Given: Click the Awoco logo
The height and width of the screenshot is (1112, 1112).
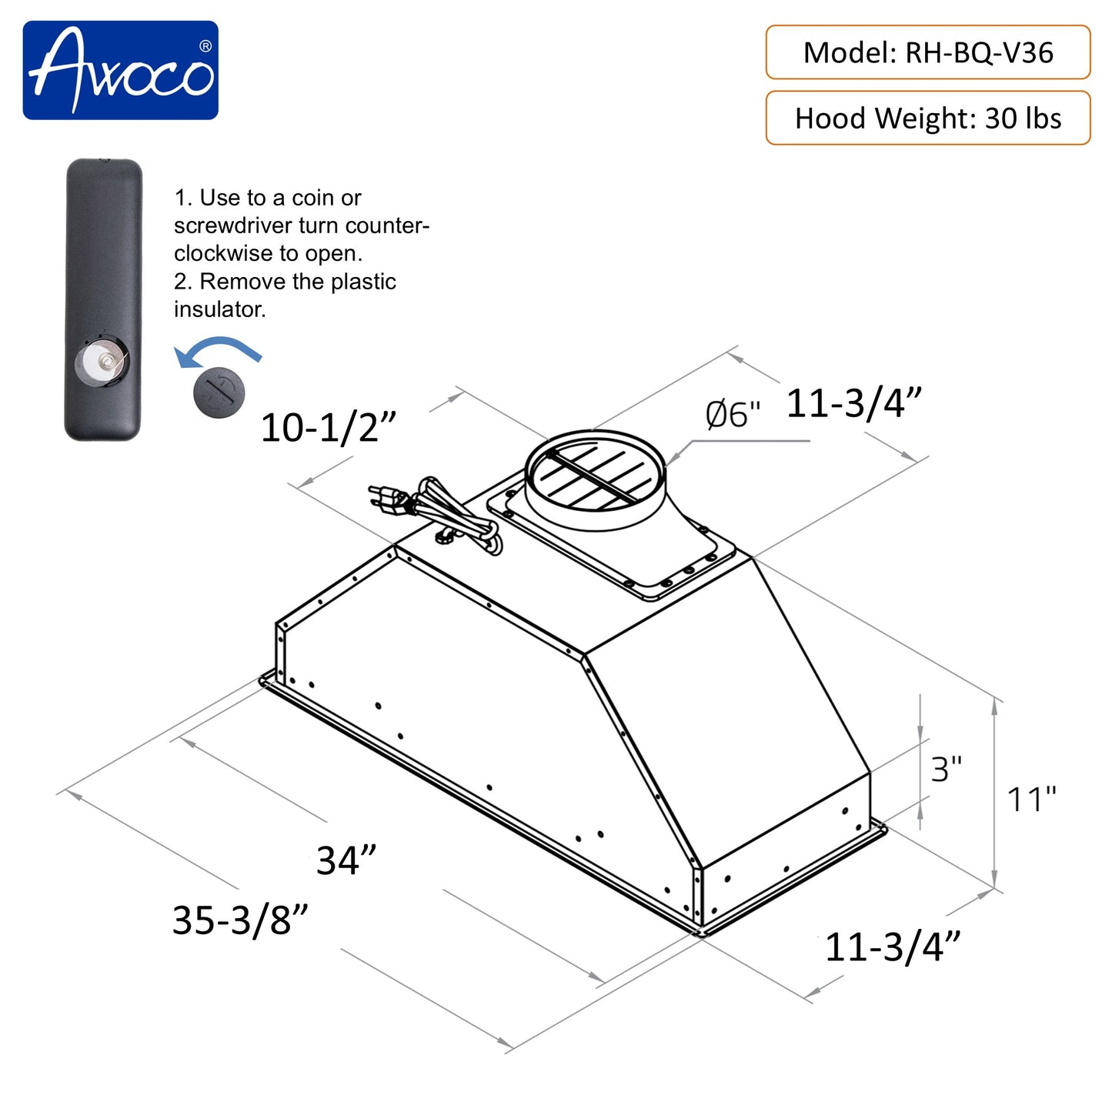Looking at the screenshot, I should point(120,70).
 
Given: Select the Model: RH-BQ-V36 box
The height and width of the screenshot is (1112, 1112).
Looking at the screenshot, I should point(927,52).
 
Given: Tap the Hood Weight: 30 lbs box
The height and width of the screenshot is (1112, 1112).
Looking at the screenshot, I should point(927,118).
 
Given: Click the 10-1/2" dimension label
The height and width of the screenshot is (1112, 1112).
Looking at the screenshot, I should point(329,428).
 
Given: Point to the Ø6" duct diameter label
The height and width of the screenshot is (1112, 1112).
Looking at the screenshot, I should point(732,415).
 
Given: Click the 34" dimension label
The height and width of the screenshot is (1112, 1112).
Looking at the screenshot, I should point(346,860).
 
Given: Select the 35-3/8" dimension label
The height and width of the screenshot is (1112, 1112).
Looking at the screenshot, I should point(240,920).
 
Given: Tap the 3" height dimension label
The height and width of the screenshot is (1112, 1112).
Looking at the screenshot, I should point(946,770).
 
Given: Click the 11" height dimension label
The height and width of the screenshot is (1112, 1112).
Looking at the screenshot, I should point(1032,800).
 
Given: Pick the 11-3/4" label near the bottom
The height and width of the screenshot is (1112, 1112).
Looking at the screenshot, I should point(893,947).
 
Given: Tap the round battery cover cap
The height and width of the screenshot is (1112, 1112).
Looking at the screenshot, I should point(220,392).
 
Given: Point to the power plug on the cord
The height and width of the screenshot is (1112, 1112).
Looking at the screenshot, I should point(389,499).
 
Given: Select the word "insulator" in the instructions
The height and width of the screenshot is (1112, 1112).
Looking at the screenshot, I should point(219,309).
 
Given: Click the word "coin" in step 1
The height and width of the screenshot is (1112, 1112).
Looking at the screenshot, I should point(314,198).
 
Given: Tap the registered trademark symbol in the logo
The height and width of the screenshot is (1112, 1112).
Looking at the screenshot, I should point(205,46).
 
